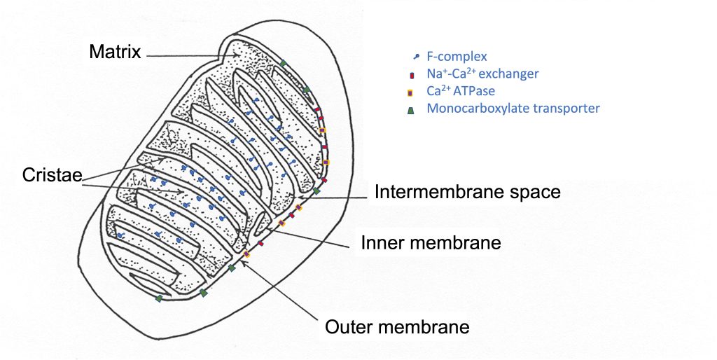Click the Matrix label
(115, 52)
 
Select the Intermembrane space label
(467, 192)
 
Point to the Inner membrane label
(431, 243)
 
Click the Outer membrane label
(397, 326)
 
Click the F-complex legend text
(457, 56)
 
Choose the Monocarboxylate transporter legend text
(513, 109)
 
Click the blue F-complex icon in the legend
(417, 56)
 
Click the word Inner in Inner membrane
(382, 243)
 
